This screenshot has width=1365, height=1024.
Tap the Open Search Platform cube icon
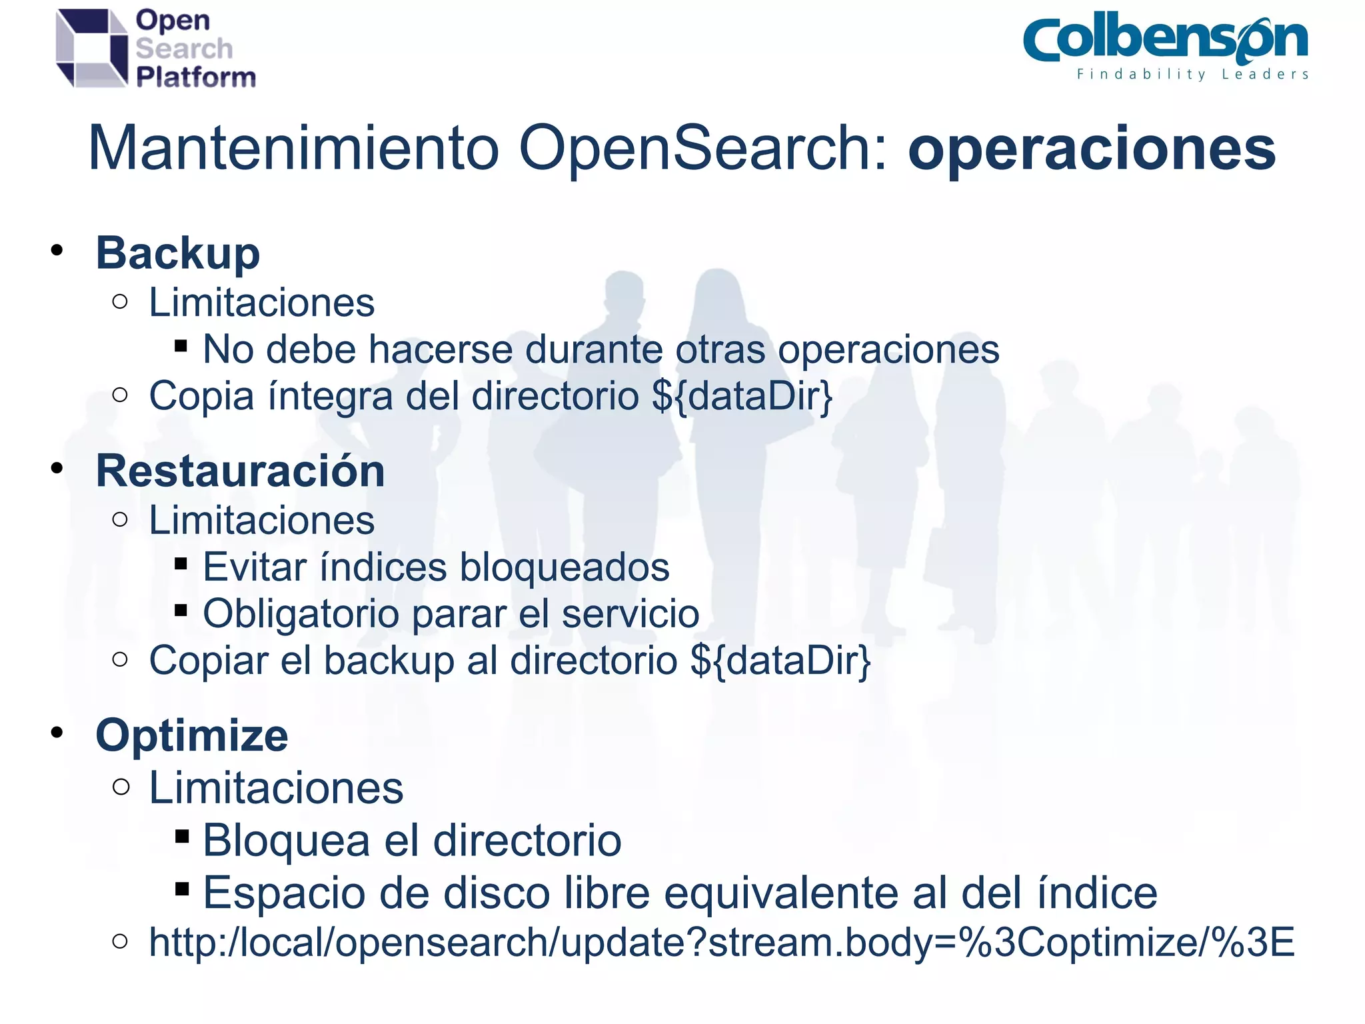91,48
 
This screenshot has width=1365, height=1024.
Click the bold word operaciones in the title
1091,148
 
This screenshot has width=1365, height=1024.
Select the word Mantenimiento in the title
293,148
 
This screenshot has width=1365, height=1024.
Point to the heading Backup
177,254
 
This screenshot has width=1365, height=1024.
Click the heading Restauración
240,471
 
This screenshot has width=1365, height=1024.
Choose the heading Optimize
192,735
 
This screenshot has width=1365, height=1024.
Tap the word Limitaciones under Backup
261,303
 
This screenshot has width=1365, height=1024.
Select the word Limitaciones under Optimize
276,788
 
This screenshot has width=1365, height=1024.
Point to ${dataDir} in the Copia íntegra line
742,397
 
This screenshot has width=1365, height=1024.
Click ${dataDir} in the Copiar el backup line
780,661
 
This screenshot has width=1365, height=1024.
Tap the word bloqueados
564,567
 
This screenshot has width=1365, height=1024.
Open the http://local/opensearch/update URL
721,943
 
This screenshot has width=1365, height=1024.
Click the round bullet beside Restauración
57,469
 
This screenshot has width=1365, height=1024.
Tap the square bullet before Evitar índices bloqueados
181,564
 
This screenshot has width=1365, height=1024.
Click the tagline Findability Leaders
1192,75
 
